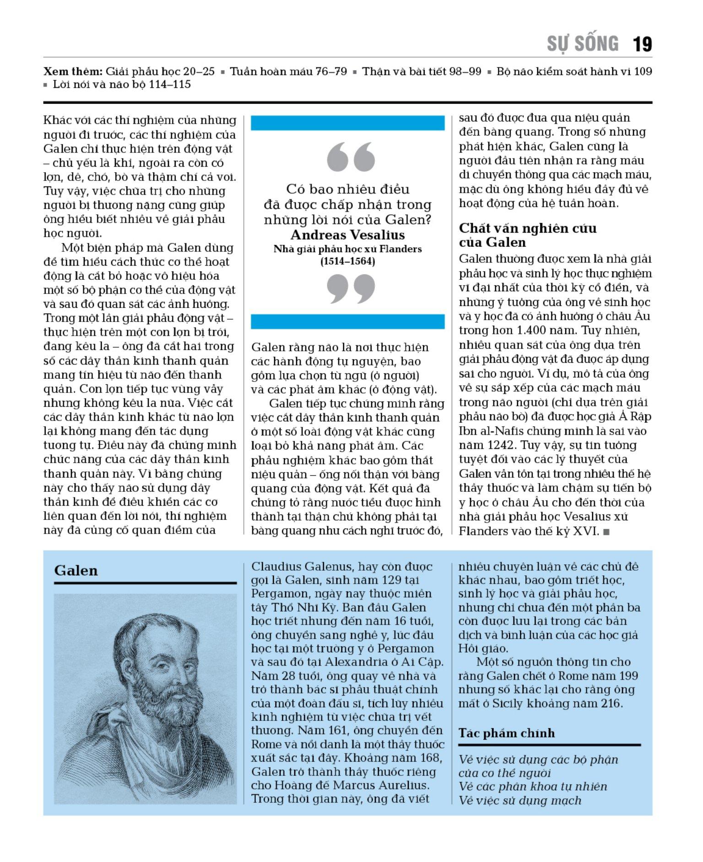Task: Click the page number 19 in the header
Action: (x=642, y=44)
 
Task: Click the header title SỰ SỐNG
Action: (x=583, y=44)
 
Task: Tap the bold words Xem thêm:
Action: (x=73, y=71)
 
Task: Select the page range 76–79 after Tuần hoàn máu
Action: (x=331, y=71)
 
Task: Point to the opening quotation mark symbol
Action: (x=351, y=157)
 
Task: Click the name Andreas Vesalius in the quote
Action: (x=347, y=235)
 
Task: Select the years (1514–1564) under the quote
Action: (x=347, y=262)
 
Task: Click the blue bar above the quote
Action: (x=347, y=123)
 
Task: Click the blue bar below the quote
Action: (x=347, y=322)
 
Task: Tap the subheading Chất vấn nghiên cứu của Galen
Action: (x=527, y=235)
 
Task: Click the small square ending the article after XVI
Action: (x=606, y=532)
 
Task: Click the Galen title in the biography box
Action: (x=76, y=571)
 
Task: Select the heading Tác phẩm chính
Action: (x=506, y=733)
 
